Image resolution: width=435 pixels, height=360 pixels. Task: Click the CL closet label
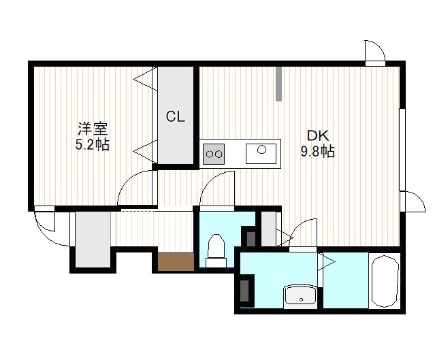click(176, 117)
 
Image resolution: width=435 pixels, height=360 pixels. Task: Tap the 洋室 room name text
click(93, 129)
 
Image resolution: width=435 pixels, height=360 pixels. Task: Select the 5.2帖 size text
click(93, 144)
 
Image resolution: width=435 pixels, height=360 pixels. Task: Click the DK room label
click(318, 135)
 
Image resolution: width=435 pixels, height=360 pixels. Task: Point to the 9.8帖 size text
click(318, 152)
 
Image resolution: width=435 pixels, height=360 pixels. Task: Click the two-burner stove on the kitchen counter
click(214, 154)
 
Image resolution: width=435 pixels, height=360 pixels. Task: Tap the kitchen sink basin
click(261, 153)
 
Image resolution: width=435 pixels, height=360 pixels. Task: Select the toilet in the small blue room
click(216, 250)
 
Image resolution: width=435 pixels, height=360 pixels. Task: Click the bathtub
click(384, 281)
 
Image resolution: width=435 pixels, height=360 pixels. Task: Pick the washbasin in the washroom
click(300, 297)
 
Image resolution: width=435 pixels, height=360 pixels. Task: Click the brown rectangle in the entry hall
click(176, 261)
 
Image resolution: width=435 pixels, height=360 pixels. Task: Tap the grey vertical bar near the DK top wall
click(279, 84)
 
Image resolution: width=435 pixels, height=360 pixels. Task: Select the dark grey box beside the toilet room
click(251, 238)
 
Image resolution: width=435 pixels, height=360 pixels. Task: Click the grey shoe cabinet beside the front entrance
click(93, 239)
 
